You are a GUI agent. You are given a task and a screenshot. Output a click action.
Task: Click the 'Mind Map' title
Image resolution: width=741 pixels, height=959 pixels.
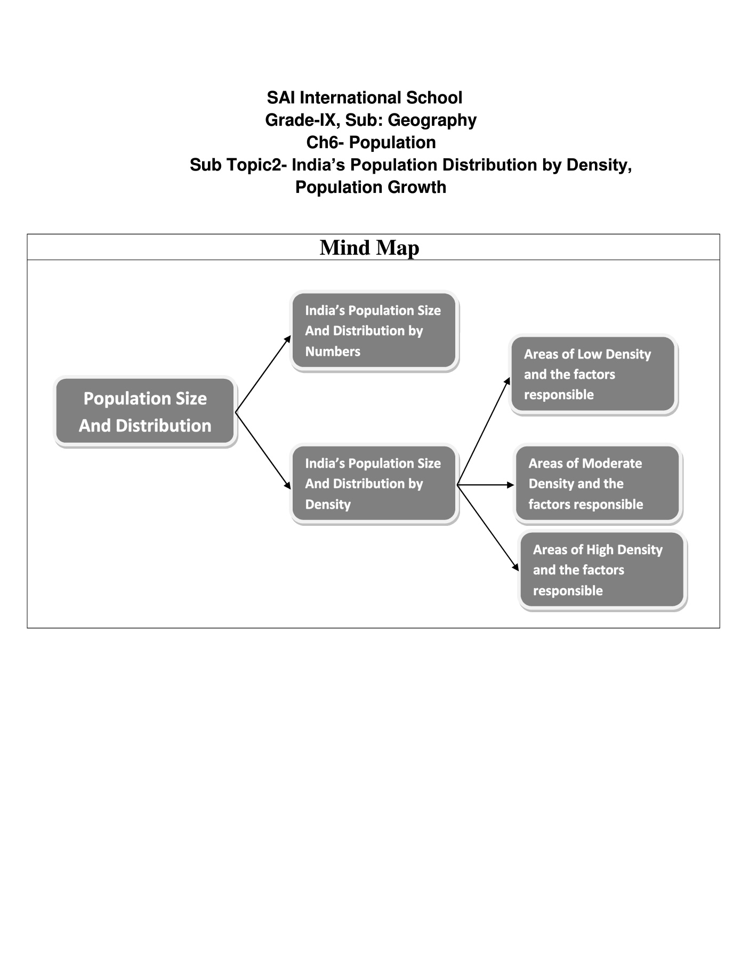[369, 248]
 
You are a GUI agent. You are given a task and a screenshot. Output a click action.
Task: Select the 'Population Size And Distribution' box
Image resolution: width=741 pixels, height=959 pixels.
[145, 411]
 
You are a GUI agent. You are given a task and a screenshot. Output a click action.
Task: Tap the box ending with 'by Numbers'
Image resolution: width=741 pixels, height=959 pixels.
[374, 331]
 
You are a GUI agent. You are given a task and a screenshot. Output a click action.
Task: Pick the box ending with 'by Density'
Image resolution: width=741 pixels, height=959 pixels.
[374, 484]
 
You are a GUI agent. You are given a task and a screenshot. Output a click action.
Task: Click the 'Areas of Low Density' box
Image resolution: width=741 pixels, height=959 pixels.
[593, 374]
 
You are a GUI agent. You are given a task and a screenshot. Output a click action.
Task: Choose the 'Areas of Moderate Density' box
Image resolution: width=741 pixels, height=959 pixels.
[597, 484]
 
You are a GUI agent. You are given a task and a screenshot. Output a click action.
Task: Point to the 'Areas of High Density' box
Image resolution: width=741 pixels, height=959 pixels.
[602, 570]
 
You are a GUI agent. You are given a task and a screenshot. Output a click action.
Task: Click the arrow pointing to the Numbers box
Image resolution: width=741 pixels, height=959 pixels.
[263, 373]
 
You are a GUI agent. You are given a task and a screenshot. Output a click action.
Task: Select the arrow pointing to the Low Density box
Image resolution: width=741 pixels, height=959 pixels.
[484, 432]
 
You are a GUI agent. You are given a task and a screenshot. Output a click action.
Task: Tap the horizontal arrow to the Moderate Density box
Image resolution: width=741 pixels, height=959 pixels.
[485, 485]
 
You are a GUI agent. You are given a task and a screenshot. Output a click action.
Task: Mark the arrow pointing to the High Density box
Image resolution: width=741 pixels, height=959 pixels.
[488, 528]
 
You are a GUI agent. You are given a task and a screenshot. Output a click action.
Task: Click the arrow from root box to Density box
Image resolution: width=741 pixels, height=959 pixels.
[263, 451]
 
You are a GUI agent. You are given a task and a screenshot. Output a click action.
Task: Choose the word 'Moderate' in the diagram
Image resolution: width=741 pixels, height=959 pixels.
[612, 464]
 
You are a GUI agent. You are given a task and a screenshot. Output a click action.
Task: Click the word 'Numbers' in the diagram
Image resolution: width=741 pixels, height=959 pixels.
[333, 352]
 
